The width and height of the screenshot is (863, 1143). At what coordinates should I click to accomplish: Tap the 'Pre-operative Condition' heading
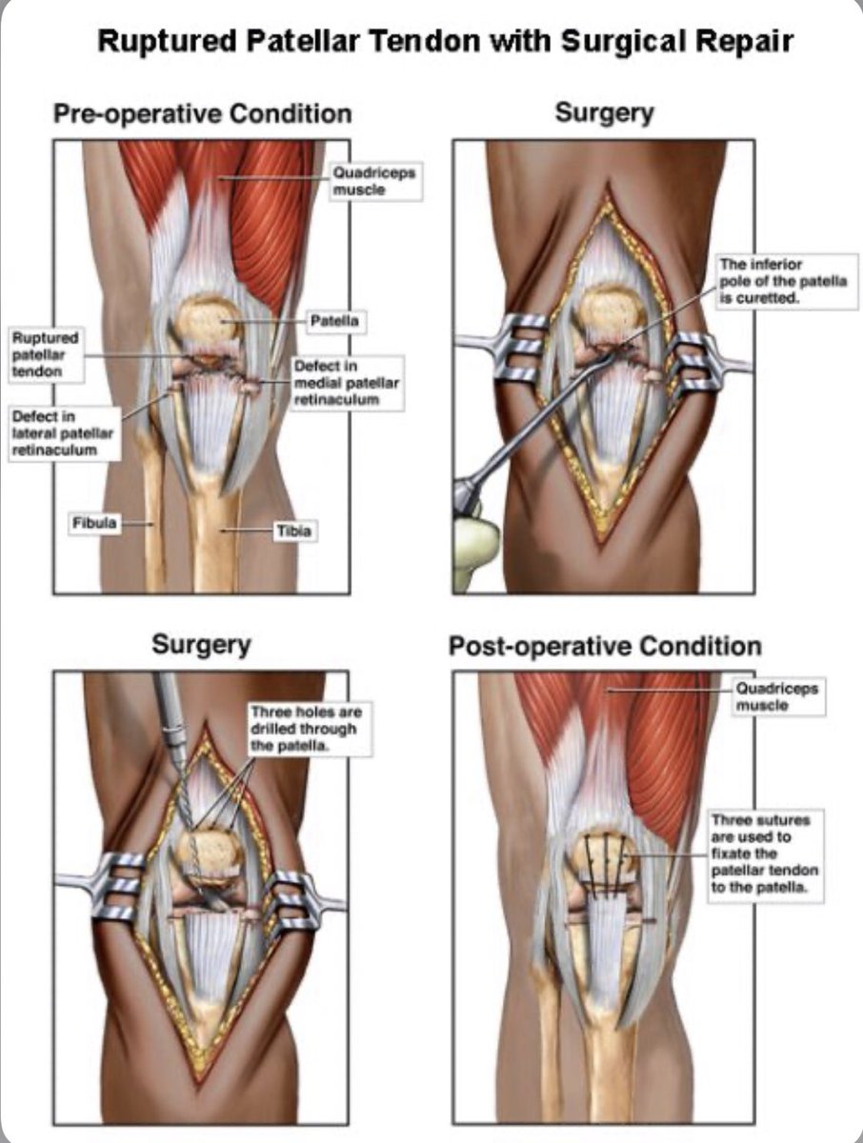202,114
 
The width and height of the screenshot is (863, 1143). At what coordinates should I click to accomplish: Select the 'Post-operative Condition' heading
605,647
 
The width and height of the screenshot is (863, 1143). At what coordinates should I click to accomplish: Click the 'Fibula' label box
96,522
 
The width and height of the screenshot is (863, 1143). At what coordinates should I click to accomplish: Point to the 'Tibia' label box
292,531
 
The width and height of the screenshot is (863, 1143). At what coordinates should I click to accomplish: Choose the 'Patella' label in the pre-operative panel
333,322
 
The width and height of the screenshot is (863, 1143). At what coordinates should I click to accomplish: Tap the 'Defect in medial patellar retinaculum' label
348,383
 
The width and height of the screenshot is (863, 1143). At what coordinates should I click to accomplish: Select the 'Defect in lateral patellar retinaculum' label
63,433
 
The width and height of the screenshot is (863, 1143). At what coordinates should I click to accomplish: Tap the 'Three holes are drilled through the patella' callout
305,729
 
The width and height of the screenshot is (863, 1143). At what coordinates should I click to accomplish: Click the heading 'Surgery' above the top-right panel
604,113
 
